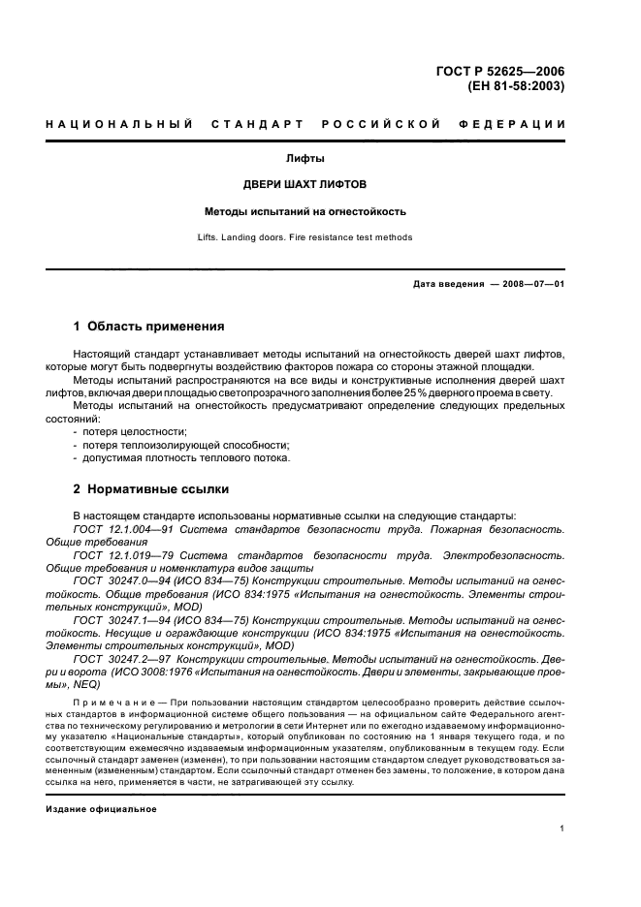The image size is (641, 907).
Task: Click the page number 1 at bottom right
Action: pos(562,829)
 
